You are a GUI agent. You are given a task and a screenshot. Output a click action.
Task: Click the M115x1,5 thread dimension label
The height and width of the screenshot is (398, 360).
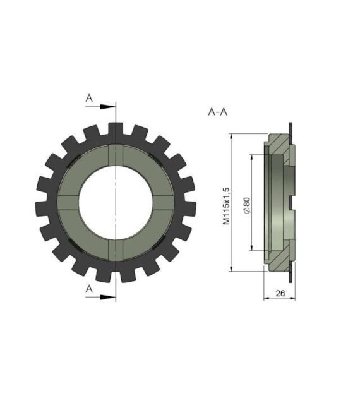coord(226,206)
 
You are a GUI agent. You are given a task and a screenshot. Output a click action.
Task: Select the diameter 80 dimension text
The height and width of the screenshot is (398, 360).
coord(246,205)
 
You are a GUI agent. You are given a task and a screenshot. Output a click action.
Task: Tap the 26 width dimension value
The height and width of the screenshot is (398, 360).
coord(280,293)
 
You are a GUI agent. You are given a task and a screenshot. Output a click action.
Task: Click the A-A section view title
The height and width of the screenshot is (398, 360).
coord(218,111)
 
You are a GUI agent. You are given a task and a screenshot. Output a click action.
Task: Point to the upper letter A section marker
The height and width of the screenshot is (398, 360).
coord(89,98)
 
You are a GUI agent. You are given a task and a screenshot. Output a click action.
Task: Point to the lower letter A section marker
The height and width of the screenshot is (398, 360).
coord(89,289)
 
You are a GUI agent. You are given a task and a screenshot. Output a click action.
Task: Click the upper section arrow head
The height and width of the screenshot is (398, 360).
coord(107,107)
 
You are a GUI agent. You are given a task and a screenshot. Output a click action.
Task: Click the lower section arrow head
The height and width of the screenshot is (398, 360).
coord(107,297)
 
